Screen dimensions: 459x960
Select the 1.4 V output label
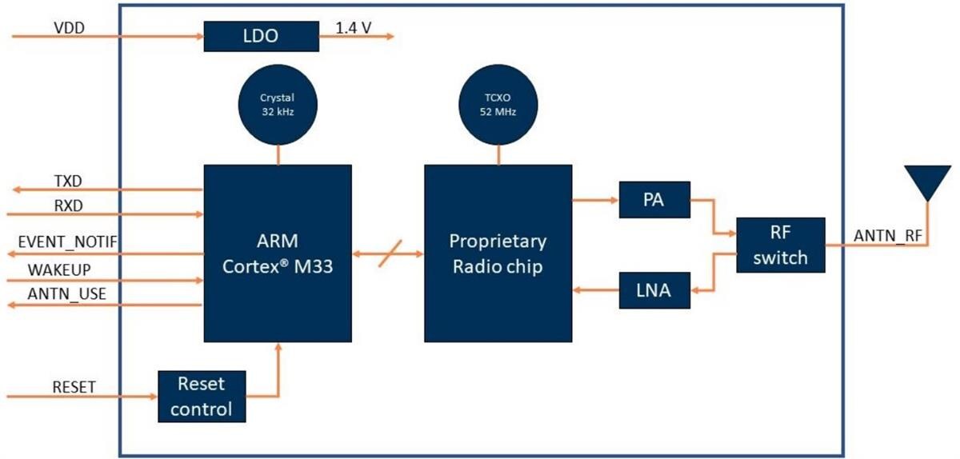pos(353,27)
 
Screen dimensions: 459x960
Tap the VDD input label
pos(69,27)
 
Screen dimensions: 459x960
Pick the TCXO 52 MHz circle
pos(498,105)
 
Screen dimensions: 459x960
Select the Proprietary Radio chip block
pos(498,253)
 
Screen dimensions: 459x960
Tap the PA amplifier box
pos(654,200)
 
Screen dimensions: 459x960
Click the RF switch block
pos(781,245)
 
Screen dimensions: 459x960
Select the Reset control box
pos(202,397)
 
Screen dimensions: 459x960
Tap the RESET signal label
pos(74,387)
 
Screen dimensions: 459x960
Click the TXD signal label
pos(67,181)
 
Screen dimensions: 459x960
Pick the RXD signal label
pos(67,206)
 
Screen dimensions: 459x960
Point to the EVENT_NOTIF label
pos(69,241)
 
